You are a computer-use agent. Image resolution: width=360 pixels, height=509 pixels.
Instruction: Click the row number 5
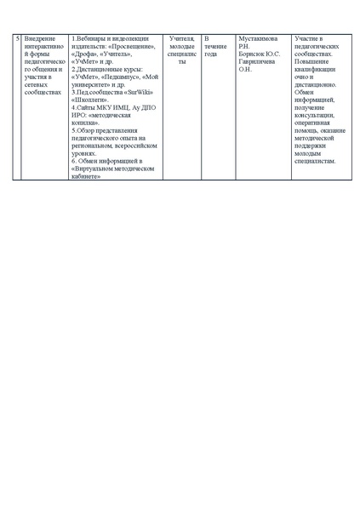18,39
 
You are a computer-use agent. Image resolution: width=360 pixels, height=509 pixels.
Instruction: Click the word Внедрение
41,39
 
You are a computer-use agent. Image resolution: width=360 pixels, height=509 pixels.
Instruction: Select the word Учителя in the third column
181,39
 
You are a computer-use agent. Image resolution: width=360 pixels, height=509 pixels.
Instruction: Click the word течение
216,46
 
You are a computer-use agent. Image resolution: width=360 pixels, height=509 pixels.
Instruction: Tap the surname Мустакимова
261,39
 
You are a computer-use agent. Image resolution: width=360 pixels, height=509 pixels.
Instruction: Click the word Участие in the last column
307,39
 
